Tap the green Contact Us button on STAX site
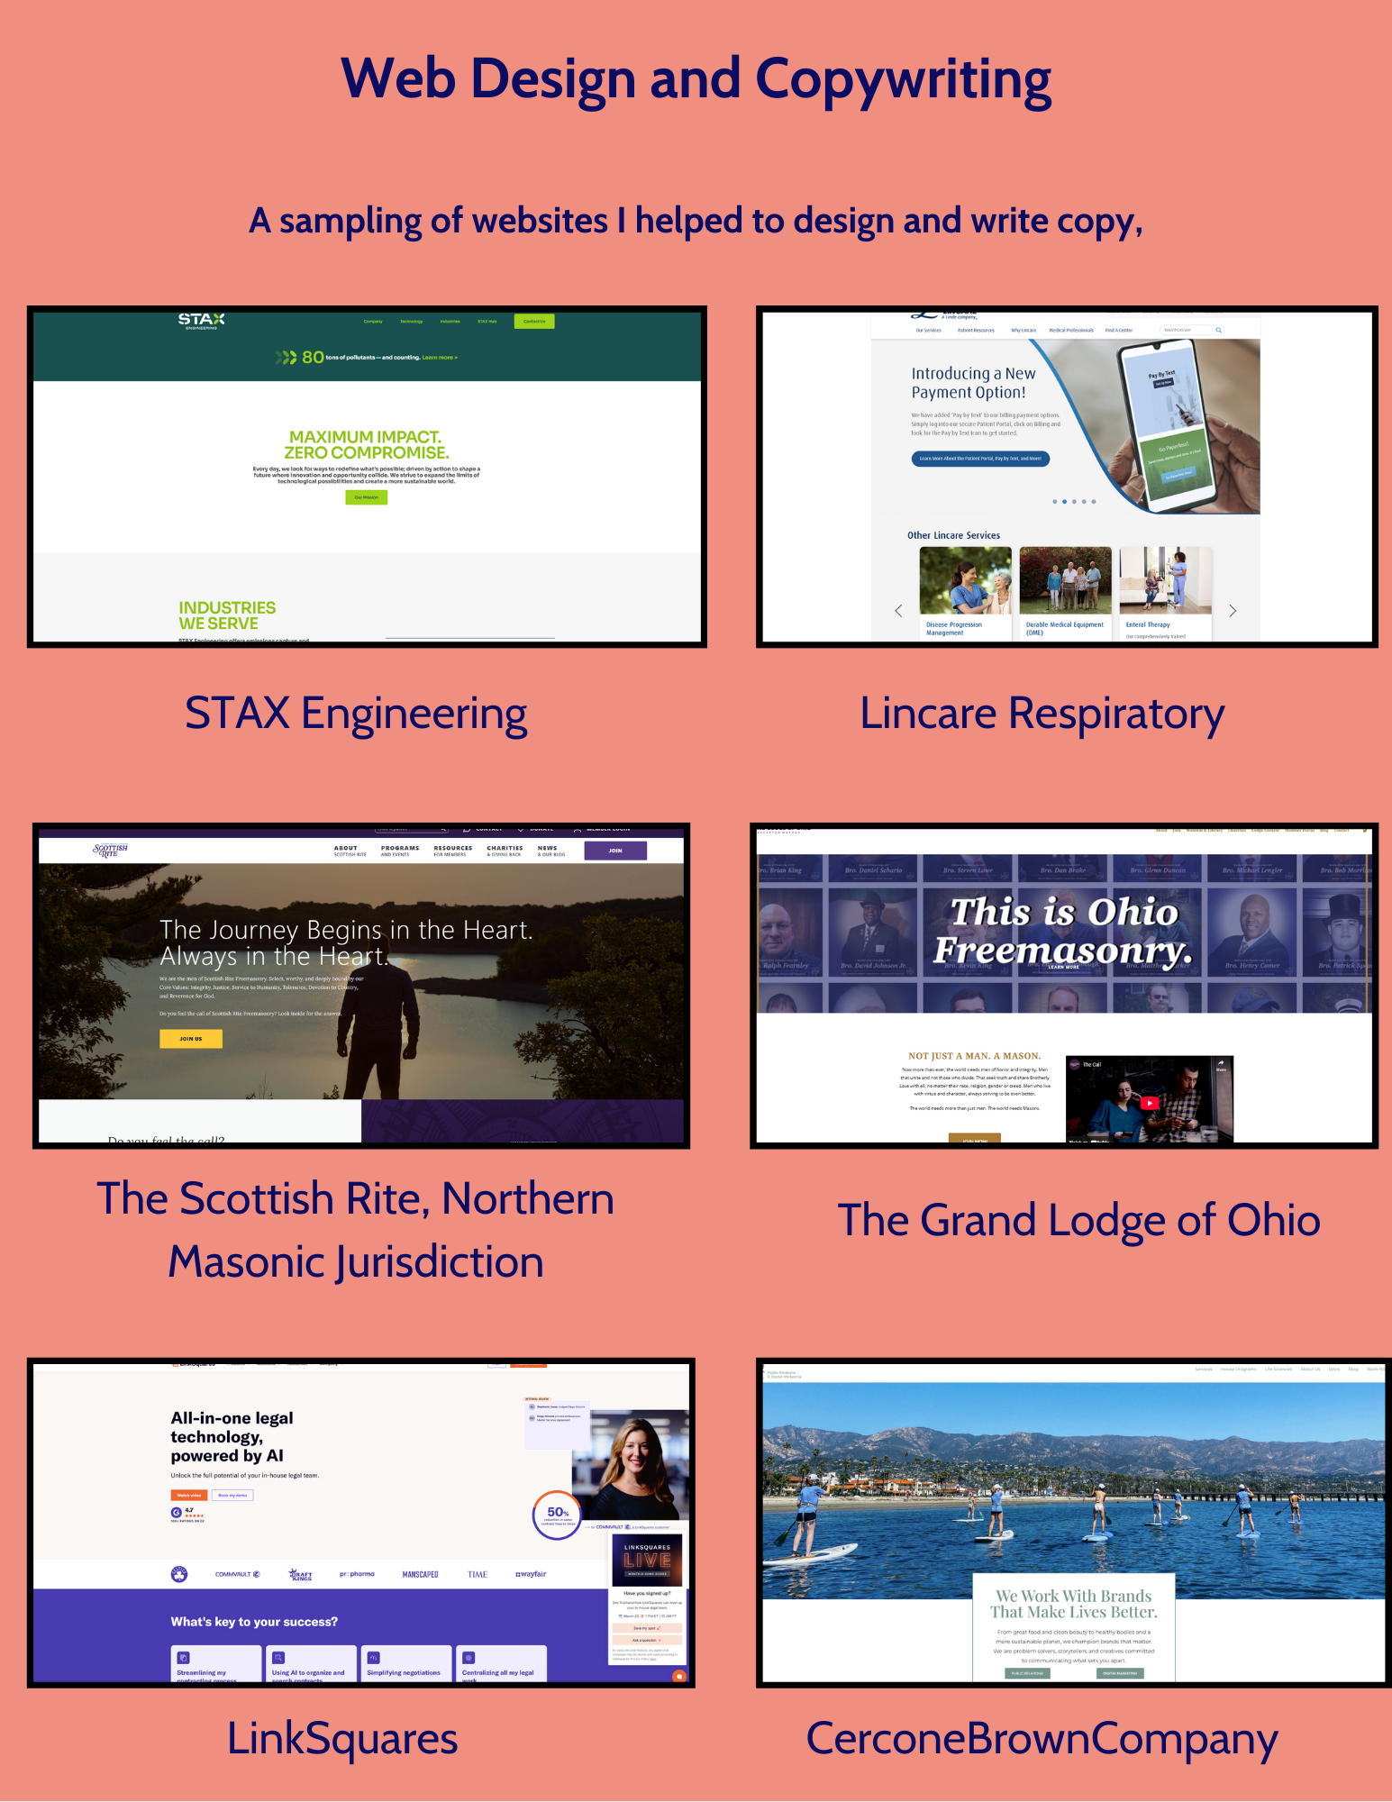pyautogui.click(x=534, y=322)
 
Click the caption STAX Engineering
pyautogui.click(x=356, y=714)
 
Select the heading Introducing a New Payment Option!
pyautogui.click(x=973, y=383)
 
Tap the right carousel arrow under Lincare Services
pyautogui.click(x=1233, y=611)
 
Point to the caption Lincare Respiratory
pyautogui.click(x=1042, y=714)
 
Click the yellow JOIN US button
pyautogui.click(x=191, y=1039)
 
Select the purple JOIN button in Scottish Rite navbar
pyautogui.click(x=615, y=851)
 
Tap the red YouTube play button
pyautogui.click(x=1150, y=1103)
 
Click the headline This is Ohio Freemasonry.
pyautogui.click(x=1064, y=930)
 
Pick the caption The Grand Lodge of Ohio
pyautogui.click(x=1078, y=1220)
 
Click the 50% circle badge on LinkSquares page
pyautogui.click(x=558, y=1515)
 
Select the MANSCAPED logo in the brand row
pyautogui.click(x=420, y=1575)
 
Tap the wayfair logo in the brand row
pyautogui.click(x=531, y=1574)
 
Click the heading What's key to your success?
pyautogui.click(x=254, y=1622)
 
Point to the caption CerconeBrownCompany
pyautogui.click(x=1042, y=1739)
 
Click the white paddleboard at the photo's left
pyautogui.click(x=811, y=1553)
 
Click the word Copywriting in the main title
pyautogui.click(x=903, y=79)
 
